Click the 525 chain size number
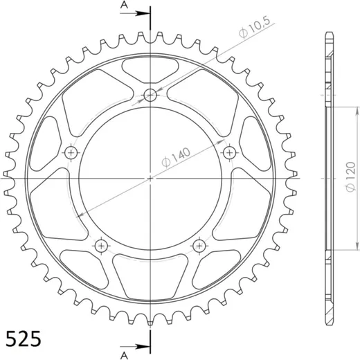click(x=24, y=339)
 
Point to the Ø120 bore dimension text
click(x=350, y=177)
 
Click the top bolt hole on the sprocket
click(x=150, y=95)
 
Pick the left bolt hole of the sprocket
click(x=71, y=152)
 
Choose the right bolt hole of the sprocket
click(x=230, y=152)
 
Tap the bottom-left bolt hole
click(x=101, y=246)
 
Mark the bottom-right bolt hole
click(x=199, y=246)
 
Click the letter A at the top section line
click(x=124, y=5)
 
